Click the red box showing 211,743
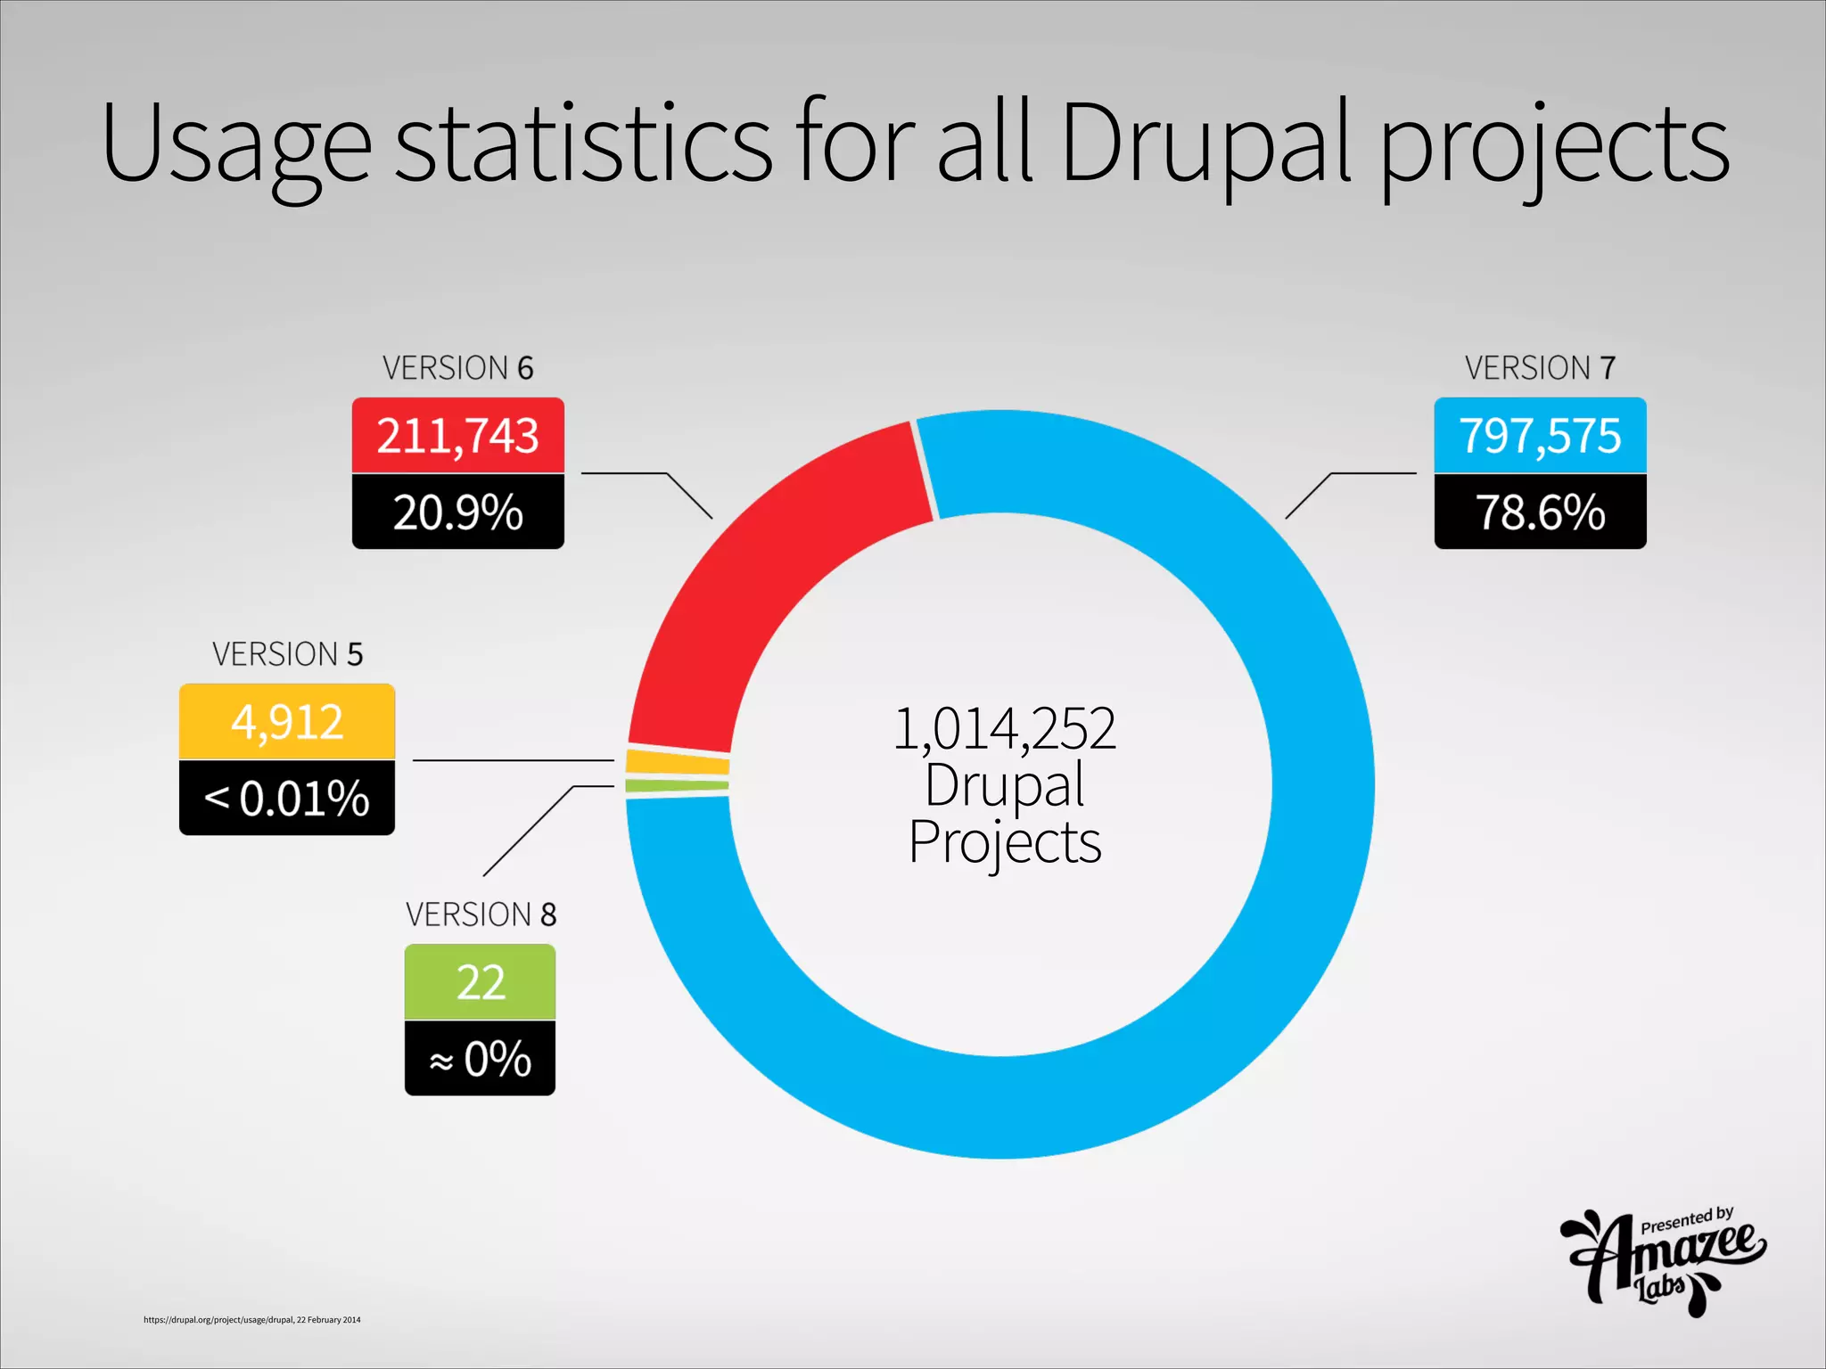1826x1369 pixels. (x=457, y=436)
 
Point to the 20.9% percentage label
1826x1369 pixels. (x=457, y=512)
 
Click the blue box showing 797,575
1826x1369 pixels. (x=1540, y=436)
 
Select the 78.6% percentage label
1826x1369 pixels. (x=1540, y=512)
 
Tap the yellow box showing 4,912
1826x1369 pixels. (x=286, y=722)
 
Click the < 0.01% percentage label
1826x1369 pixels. (x=286, y=799)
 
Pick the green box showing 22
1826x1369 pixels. (x=480, y=982)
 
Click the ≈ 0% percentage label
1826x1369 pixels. (x=480, y=1059)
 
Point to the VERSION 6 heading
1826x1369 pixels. (x=457, y=368)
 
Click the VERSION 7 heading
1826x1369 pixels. (x=1540, y=368)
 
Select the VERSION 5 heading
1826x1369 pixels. (x=287, y=654)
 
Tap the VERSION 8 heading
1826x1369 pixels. (x=481, y=914)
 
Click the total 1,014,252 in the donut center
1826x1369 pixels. (x=1004, y=729)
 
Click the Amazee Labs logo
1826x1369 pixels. (x=1664, y=1261)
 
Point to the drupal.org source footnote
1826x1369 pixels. (x=252, y=1320)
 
